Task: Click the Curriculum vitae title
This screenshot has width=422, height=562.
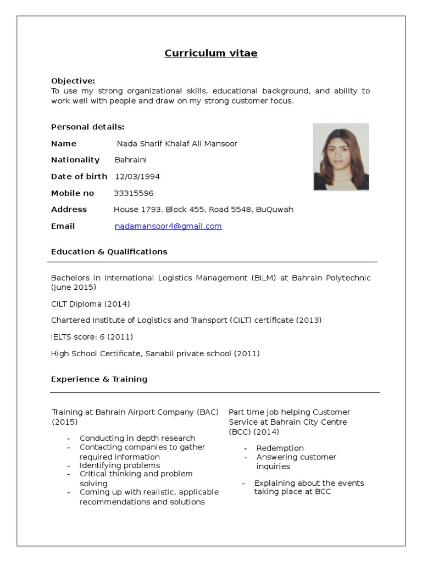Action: pyautogui.click(x=211, y=53)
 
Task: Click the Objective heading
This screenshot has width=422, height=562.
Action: pyautogui.click(x=73, y=81)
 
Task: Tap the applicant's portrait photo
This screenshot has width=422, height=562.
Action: pyautogui.click(x=341, y=157)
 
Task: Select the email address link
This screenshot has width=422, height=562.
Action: pyautogui.click(x=168, y=226)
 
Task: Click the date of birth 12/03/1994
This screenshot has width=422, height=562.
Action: pyautogui.click(x=137, y=177)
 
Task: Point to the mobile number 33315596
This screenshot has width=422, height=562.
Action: pyautogui.click(x=134, y=193)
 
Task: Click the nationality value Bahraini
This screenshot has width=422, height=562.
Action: pyautogui.click(x=131, y=160)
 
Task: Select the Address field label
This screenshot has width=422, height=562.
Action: pyautogui.click(x=69, y=210)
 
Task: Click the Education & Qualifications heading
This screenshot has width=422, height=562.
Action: pyautogui.click(x=109, y=252)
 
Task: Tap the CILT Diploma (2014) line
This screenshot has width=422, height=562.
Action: pyautogui.click(x=91, y=304)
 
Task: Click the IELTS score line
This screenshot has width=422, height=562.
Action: pyautogui.click(x=92, y=336)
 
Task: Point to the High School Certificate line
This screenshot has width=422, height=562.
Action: pyautogui.click(x=155, y=353)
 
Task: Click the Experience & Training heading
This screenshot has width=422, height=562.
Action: pyautogui.click(x=99, y=379)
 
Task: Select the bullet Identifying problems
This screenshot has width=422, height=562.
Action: pyautogui.click(x=120, y=465)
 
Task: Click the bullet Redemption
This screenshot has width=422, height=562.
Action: pyautogui.click(x=280, y=448)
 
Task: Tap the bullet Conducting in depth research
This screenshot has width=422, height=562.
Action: pyautogui.click(x=137, y=438)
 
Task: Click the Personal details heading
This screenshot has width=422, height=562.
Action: pyautogui.click(x=87, y=127)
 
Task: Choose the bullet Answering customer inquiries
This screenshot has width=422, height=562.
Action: pyautogui.click(x=296, y=462)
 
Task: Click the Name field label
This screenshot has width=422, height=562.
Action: pyautogui.click(x=64, y=144)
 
